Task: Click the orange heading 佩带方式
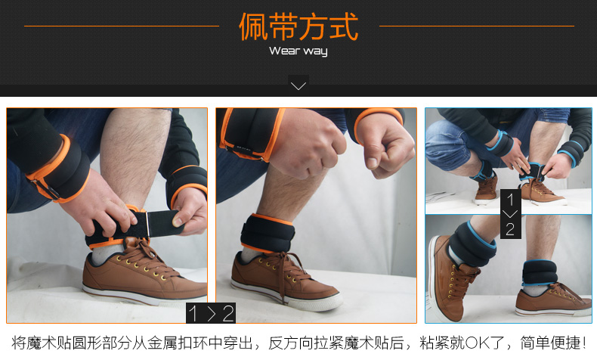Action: [298, 26]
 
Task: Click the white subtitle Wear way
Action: [298, 51]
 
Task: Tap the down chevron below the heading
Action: [298, 86]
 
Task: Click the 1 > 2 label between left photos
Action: [211, 314]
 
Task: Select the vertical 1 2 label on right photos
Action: [510, 214]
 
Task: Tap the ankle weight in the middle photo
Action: [268, 233]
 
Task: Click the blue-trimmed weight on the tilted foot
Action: [472, 244]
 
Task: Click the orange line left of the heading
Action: [122, 26]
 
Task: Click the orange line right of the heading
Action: [477, 26]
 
